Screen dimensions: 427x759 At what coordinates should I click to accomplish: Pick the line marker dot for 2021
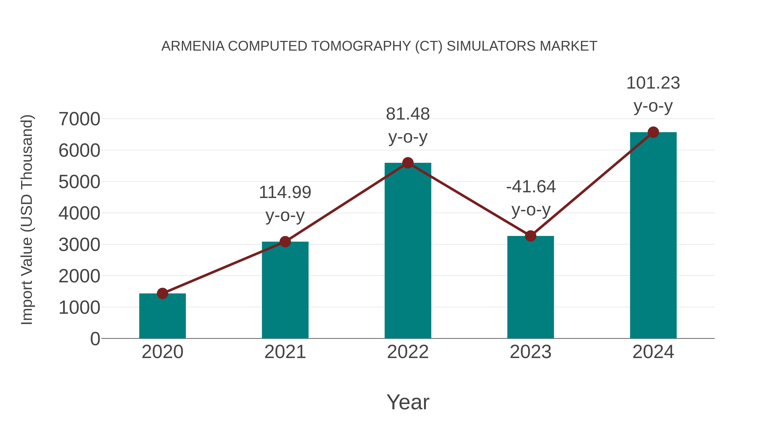(x=285, y=242)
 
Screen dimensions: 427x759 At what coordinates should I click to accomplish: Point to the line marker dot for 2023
(x=530, y=236)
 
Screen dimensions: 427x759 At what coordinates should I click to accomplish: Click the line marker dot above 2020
(x=162, y=293)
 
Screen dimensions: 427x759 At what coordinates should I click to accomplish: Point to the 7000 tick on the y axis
(x=79, y=119)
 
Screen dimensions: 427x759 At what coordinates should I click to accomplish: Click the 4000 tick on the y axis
(x=79, y=213)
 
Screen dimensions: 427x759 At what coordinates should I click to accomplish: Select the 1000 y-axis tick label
(x=79, y=308)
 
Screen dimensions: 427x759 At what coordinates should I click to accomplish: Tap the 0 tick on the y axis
(x=95, y=339)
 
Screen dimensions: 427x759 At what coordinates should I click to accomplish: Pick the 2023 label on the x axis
(x=530, y=352)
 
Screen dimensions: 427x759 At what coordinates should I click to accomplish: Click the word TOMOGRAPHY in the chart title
(x=361, y=46)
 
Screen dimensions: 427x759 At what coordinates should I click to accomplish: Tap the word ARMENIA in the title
(x=193, y=46)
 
